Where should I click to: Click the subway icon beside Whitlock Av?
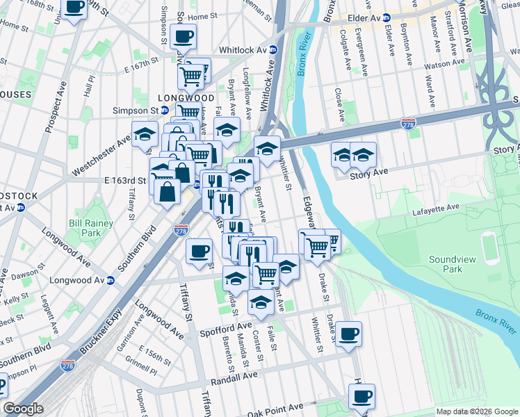point(273,50)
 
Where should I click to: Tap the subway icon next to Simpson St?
point(164,111)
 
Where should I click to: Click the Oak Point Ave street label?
point(275,407)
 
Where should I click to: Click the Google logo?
point(23,409)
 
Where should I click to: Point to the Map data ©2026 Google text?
point(476,411)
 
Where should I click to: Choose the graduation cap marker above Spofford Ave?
point(261,302)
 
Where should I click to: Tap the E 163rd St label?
point(125,180)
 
